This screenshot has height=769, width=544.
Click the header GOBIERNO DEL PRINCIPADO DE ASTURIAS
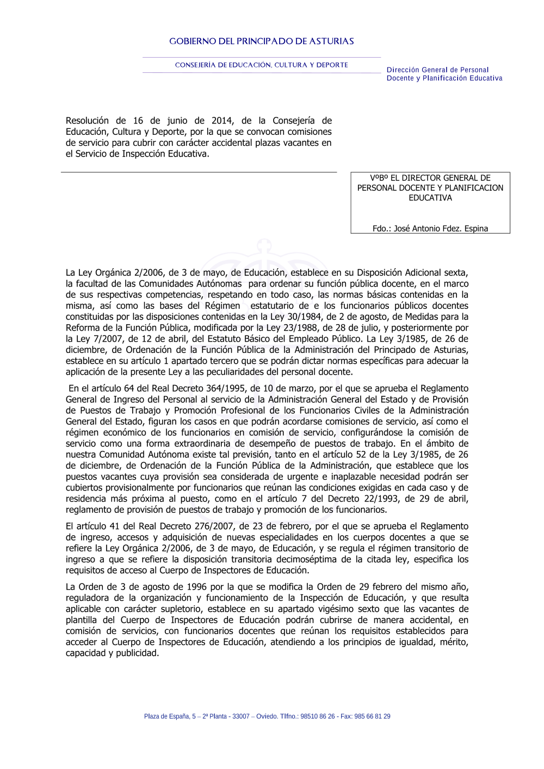(262, 41)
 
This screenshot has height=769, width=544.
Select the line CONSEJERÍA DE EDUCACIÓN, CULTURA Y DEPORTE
(262, 65)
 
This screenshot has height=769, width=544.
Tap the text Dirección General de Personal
(437, 70)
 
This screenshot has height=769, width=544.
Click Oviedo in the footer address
(267, 716)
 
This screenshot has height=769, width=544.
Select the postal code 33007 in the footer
(240, 716)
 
